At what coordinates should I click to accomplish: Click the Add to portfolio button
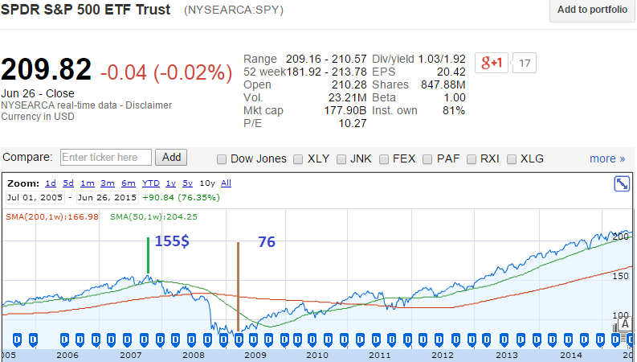[592, 10]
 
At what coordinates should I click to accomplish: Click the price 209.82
[47, 71]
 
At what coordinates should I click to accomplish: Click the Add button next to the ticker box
[172, 158]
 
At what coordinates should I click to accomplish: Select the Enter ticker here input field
[105, 158]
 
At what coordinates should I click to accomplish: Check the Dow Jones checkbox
[223, 158]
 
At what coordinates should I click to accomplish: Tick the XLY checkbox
[298, 158]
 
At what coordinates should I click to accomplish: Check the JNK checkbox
[342, 158]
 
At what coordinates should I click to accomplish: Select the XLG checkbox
[511, 158]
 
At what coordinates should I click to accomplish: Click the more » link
[606, 158]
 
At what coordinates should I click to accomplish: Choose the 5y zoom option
[187, 183]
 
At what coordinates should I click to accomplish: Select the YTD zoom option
[151, 183]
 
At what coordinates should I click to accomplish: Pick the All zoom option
[226, 183]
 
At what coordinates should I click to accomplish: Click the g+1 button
[492, 63]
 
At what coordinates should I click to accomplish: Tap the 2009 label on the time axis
[255, 355]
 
